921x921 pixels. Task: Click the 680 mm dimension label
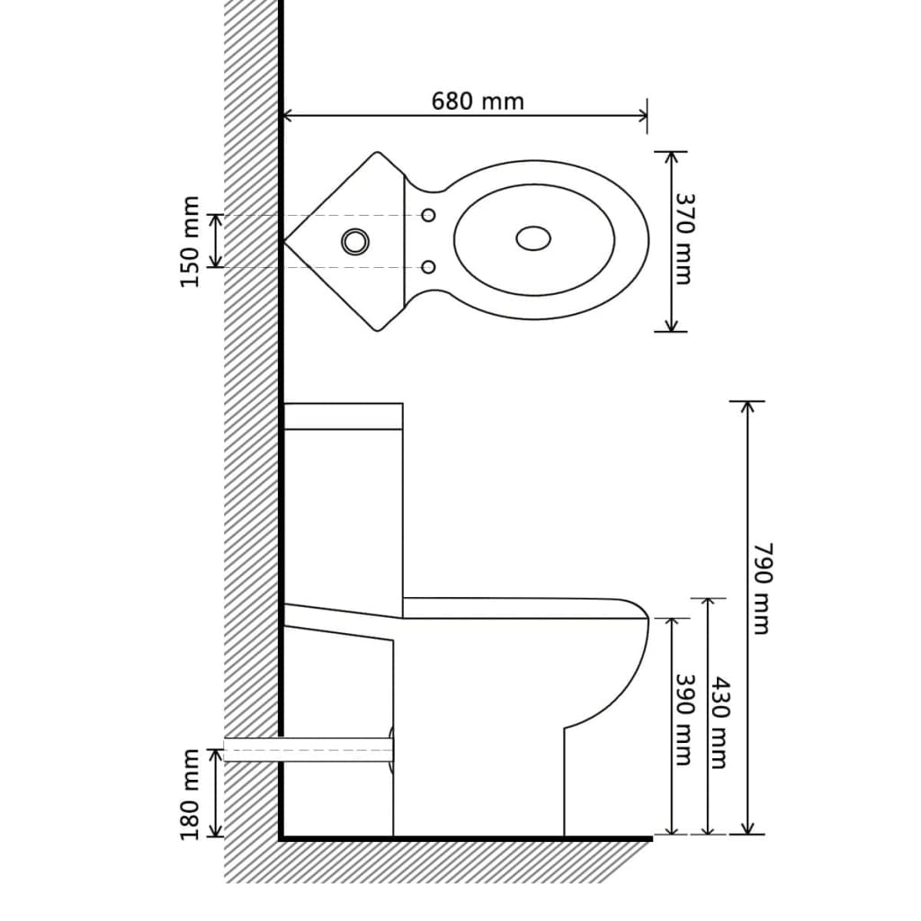pos(477,101)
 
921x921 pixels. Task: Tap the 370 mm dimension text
pos(684,240)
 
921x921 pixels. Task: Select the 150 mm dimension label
pos(190,241)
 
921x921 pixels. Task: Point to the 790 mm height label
pos(761,588)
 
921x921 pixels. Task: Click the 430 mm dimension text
pos(718,721)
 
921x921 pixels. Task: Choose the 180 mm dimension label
pos(190,794)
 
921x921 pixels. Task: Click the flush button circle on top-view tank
pos(354,240)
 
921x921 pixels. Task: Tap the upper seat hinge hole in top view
pos(429,215)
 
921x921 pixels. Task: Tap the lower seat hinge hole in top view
pos(429,267)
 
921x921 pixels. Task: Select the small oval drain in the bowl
pos(533,238)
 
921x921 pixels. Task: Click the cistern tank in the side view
pos(343,504)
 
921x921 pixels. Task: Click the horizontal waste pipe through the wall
pos(306,749)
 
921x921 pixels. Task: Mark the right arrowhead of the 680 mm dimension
pos(643,115)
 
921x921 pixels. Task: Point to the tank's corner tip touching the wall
pos(286,241)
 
